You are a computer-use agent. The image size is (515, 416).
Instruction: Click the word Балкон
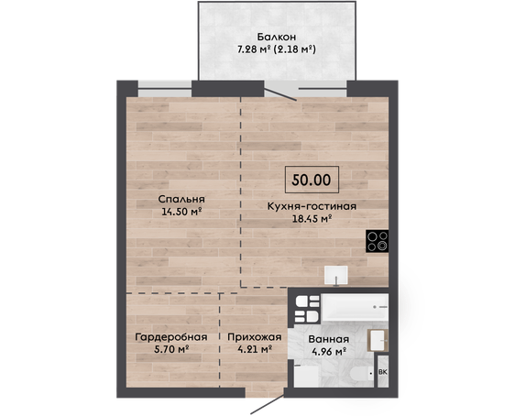coord(276,36)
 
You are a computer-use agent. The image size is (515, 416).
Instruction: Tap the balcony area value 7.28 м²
coord(254,49)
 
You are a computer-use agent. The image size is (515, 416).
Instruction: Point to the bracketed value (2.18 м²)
coord(295,49)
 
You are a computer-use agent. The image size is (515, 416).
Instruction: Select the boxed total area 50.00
coord(312,180)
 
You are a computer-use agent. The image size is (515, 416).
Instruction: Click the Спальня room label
coord(181,200)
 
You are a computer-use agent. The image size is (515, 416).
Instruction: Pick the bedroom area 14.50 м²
coord(181,212)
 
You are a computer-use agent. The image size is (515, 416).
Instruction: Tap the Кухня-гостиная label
coord(312,206)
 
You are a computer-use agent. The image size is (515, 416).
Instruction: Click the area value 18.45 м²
coord(312,219)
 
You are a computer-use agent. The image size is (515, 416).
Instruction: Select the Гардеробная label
coord(171,337)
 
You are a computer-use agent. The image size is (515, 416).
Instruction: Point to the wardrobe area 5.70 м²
coord(171,349)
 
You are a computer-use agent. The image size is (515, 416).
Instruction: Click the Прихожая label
coord(255,337)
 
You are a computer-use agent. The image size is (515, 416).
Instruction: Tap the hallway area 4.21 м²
coord(255,349)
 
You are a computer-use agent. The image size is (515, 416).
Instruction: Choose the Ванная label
coord(328,339)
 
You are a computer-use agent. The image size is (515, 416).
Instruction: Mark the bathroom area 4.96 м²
coord(328,352)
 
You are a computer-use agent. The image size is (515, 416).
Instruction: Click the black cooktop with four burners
coord(377,241)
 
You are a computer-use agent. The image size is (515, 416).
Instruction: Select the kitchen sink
coord(336,275)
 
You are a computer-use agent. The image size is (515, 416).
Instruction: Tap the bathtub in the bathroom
coord(355,307)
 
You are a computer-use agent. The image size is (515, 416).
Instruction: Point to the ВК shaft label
coord(383,372)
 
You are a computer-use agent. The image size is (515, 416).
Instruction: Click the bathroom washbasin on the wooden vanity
coord(378,340)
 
